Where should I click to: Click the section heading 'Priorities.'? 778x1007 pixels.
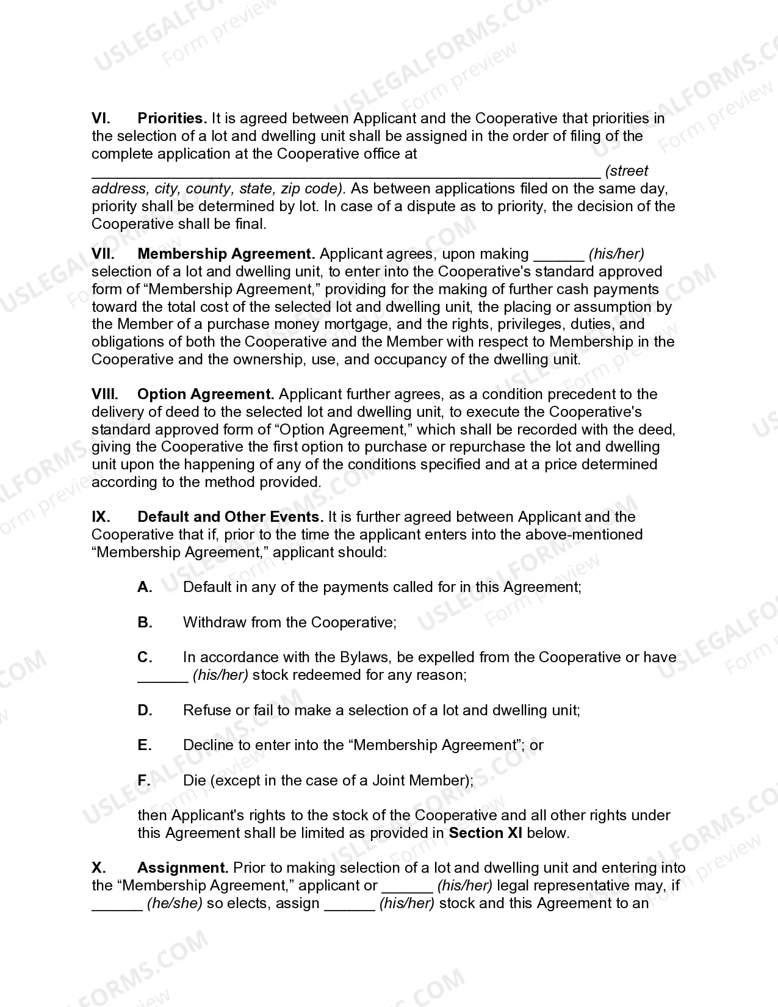[172, 118]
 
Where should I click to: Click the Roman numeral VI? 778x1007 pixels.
[101, 118]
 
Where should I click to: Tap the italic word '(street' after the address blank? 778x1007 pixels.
[627, 171]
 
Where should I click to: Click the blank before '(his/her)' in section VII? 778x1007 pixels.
[559, 255]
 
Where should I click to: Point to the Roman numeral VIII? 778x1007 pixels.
[104, 394]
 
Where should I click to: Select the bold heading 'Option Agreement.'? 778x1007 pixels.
[206, 394]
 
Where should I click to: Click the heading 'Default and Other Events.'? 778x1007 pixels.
[230, 517]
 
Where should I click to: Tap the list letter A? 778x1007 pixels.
[145, 587]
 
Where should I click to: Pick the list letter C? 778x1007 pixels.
[145, 657]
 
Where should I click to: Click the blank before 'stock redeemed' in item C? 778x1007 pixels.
[162, 676]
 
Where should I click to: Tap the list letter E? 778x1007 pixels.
[144, 745]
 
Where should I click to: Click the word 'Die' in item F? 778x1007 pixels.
[195, 781]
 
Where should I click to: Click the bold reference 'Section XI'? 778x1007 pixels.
[485, 833]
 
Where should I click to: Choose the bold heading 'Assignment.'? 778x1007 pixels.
[183, 868]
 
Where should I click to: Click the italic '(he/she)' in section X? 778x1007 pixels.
[175, 903]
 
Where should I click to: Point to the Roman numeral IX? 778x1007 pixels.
[101, 517]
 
